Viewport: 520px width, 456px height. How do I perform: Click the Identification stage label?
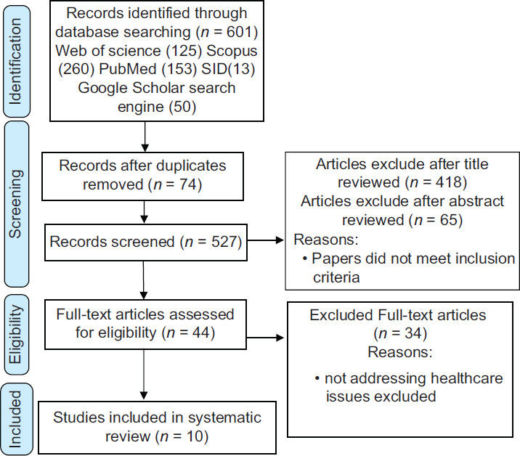click(15, 61)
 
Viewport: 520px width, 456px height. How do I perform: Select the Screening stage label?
click(15, 204)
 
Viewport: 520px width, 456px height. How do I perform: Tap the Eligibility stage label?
click(15, 334)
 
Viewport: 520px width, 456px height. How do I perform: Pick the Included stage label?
click(15, 420)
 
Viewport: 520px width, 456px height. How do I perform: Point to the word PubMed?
click(128, 69)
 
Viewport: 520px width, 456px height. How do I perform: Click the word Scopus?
click(232, 51)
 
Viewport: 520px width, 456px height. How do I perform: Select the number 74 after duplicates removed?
click(188, 184)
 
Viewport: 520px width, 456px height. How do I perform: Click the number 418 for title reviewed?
click(449, 182)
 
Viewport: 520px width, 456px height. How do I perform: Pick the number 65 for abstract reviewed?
click(449, 220)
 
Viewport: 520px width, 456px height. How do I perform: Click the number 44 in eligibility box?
click(201, 333)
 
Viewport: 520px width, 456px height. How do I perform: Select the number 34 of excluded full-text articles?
click(413, 333)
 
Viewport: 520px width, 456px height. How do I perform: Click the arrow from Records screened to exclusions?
click(266, 240)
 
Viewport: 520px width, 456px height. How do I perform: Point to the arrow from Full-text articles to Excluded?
click(265, 338)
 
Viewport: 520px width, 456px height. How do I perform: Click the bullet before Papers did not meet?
click(305, 258)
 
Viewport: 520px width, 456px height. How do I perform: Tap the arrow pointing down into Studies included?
click(144, 375)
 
